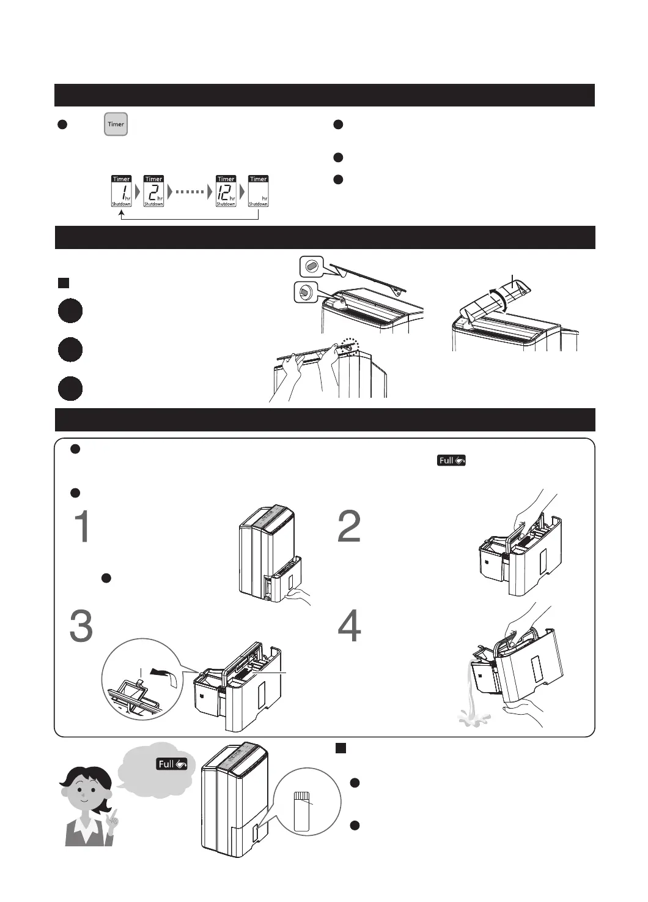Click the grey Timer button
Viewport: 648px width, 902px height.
pos(116,124)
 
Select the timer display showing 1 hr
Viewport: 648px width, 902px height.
pos(122,191)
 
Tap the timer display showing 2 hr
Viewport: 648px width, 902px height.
pos(153,191)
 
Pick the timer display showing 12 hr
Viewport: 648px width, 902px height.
pos(226,191)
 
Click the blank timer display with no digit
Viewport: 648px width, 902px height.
pos(258,191)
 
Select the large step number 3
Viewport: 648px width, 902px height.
pos(81,626)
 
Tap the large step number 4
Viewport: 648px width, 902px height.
pos(350,626)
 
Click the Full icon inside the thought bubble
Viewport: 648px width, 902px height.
pos(172,764)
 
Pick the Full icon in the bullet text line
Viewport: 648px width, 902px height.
pos(451,460)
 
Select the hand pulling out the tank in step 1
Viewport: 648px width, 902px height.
pos(300,594)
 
